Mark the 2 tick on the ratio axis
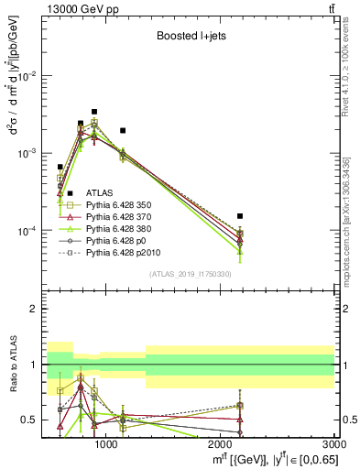pyautogui.click(x=37, y=309)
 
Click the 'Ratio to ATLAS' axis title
pyautogui.click(x=13, y=366)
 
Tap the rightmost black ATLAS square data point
pyautogui.click(x=239, y=216)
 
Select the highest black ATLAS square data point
pyautogui.click(x=94, y=112)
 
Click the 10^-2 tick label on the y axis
pyautogui.click(x=29, y=76)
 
